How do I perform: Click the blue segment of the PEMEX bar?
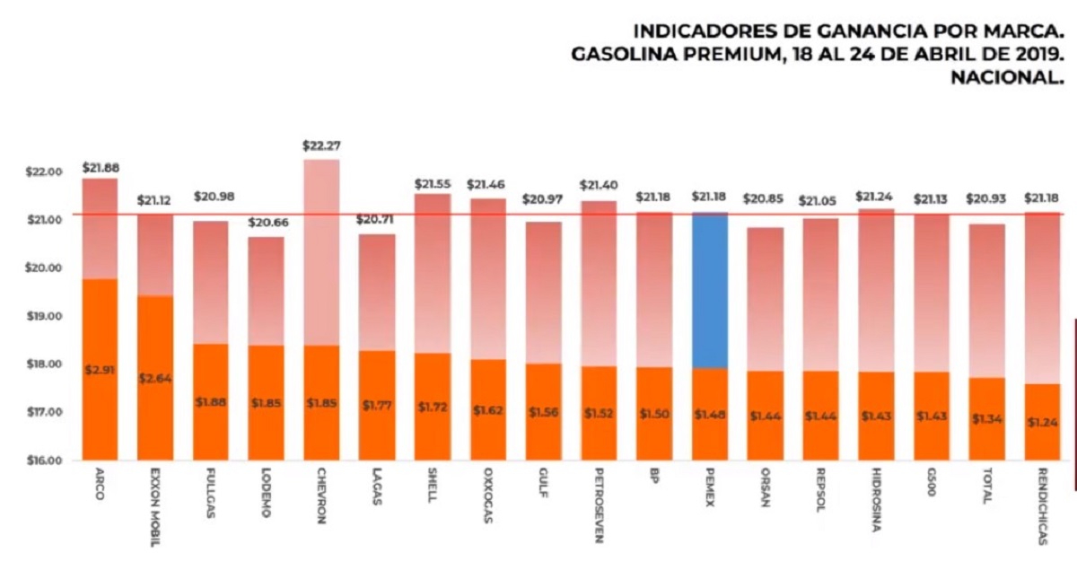click(710, 290)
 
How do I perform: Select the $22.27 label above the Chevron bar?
click(322, 145)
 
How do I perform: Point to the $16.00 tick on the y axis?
click(44, 461)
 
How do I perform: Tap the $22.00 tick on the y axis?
click(44, 172)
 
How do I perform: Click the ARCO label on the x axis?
click(99, 484)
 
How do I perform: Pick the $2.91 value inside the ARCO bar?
click(100, 370)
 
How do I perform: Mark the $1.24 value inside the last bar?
click(1043, 422)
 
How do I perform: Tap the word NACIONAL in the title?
click(1008, 79)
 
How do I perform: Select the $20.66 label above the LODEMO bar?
click(267, 222)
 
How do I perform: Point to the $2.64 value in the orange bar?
click(155, 379)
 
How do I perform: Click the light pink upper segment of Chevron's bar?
click(322, 251)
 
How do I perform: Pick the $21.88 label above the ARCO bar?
click(101, 167)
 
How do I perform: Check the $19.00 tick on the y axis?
click(44, 317)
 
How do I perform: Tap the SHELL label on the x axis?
click(433, 486)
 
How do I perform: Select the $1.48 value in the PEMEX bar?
click(710, 414)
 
